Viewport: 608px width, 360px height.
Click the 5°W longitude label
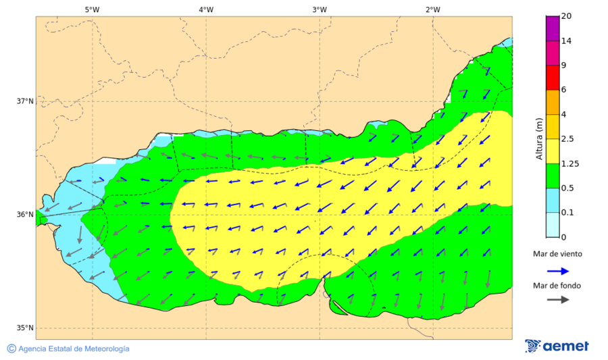93,9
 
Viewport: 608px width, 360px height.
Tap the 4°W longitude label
206,9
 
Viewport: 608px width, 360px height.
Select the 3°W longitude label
320,9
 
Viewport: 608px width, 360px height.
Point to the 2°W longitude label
433,9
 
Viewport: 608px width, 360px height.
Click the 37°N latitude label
25,101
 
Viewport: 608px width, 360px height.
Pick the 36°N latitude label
25,215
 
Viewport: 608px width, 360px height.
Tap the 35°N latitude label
25,328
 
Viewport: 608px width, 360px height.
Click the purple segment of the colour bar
553,28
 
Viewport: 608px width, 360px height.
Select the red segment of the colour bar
553,77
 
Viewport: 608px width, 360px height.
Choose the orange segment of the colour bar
553,102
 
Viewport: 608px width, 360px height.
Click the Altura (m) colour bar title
539,138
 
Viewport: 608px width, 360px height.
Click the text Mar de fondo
557,286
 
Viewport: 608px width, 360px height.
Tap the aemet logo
557,346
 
